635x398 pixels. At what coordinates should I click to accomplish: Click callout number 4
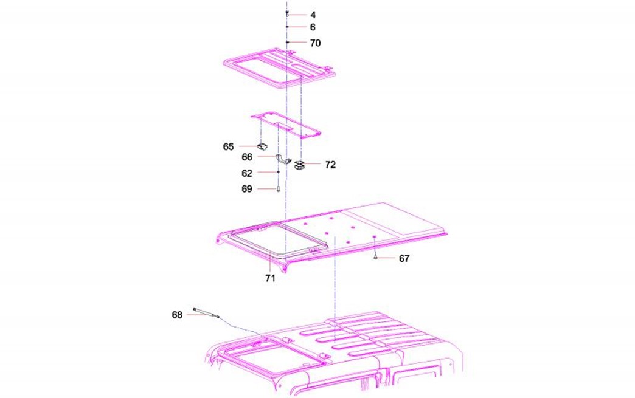313,15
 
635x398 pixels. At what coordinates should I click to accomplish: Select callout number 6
313,27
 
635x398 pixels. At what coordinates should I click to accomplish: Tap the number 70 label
316,43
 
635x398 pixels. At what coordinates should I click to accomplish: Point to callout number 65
229,146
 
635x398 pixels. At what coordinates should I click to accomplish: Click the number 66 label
247,157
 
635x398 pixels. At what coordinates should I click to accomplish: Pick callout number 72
330,165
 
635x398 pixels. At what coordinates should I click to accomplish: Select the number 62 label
246,173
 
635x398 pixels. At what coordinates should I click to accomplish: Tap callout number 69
246,189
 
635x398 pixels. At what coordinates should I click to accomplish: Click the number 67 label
404,258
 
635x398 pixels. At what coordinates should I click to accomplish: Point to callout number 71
270,278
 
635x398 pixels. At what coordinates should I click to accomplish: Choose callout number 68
177,315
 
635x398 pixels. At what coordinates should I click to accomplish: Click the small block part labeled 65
262,146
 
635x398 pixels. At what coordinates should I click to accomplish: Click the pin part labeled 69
278,188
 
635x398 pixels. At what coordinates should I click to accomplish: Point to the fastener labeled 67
375,257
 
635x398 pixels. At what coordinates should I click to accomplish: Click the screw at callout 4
286,14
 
